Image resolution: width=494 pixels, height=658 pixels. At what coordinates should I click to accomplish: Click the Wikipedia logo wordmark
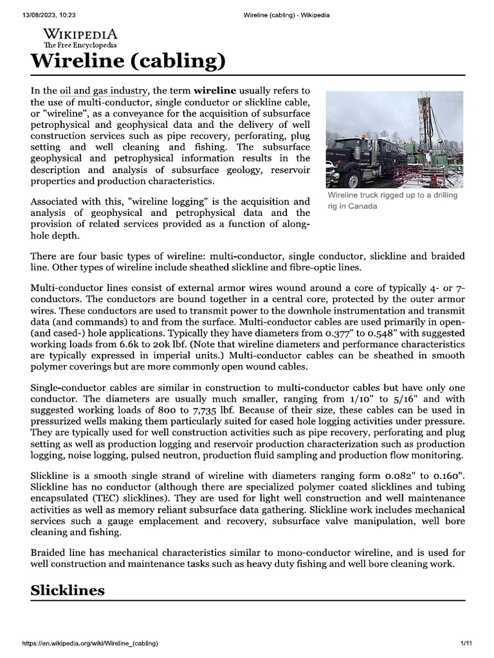(x=80, y=35)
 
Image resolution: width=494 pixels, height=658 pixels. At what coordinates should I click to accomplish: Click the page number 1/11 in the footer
(x=466, y=643)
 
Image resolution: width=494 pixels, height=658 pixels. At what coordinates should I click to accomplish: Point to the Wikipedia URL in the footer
(x=90, y=643)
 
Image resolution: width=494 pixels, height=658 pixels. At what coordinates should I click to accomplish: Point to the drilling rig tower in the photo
(x=425, y=129)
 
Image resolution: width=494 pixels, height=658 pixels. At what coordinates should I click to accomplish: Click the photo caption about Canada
(x=392, y=200)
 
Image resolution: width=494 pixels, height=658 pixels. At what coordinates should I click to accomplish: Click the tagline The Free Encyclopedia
(x=80, y=46)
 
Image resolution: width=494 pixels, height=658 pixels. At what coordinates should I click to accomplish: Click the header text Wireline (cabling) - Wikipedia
(x=285, y=15)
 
